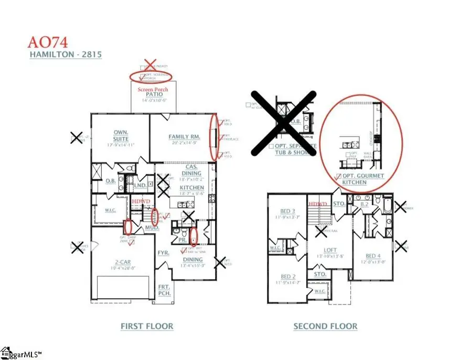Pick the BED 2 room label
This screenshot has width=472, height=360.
[x=288, y=277]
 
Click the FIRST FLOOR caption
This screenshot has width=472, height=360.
[x=147, y=326]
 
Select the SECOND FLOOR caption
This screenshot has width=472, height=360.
[x=325, y=326]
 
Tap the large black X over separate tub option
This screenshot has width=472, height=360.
[x=283, y=123]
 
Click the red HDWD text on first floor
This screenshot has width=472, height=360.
[x=140, y=201]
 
